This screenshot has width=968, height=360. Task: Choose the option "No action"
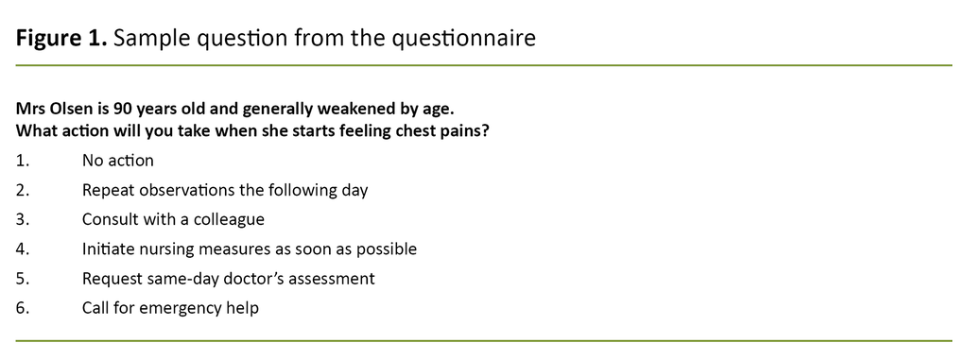tap(117, 161)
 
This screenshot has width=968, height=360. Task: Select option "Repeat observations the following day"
tap(224, 190)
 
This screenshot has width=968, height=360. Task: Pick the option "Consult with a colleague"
tap(173, 219)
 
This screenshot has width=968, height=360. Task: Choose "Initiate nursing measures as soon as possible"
tap(249, 249)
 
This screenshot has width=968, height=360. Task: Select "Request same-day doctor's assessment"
tap(228, 279)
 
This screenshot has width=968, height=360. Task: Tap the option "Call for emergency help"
tap(170, 308)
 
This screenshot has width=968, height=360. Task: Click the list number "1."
tap(23, 161)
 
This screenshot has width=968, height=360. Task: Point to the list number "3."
tap(23, 219)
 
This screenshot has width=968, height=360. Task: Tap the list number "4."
tap(23, 249)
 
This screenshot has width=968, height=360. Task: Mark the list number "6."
tap(23, 308)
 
